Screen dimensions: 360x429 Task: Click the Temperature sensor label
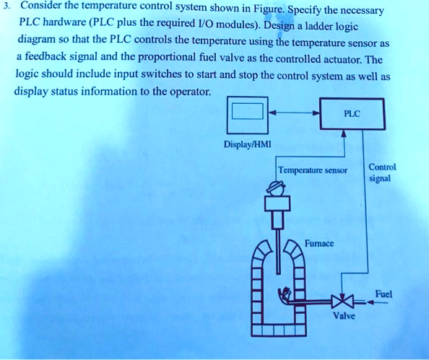coord(313,171)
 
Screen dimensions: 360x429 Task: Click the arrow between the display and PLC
coord(295,113)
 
